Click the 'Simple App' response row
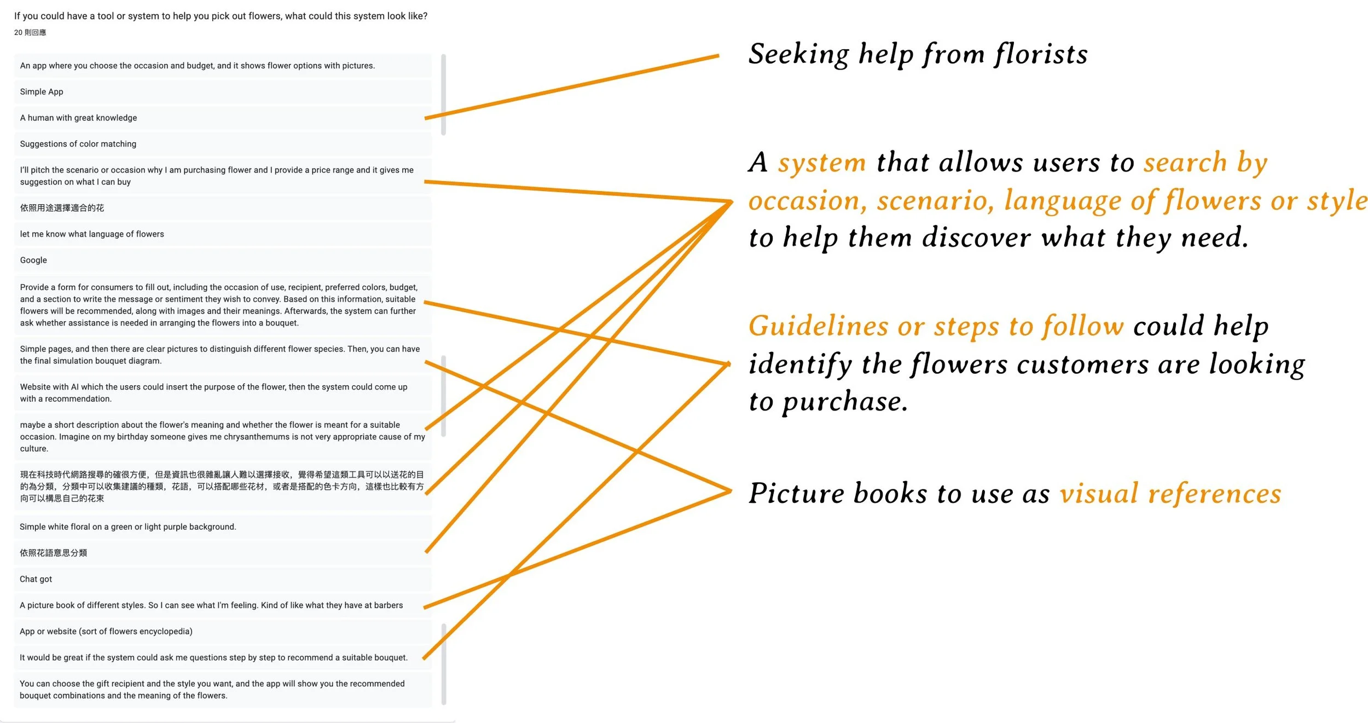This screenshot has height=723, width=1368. click(42, 92)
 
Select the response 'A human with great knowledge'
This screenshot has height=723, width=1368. click(78, 118)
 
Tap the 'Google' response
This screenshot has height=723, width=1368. click(33, 261)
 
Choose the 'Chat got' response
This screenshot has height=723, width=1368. click(36, 579)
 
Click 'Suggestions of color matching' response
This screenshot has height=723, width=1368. click(78, 144)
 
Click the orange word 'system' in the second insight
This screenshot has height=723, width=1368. click(822, 163)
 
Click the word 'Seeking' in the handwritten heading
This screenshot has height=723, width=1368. click(798, 55)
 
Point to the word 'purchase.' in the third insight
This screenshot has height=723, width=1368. click(845, 402)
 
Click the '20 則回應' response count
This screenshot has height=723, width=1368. click(30, 33)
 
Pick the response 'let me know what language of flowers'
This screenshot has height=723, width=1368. click(92, 234)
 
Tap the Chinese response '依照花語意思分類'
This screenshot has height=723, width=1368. click(54, 553)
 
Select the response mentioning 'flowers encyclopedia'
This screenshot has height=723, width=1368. click(106, 632)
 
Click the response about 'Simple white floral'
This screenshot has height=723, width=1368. click(128, 527)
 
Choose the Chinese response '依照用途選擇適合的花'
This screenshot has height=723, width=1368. click(62, 208)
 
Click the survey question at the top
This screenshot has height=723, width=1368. click(221, 16)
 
